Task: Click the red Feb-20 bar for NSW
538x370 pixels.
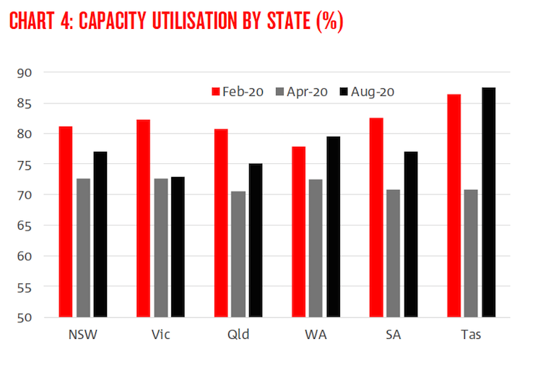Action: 66,221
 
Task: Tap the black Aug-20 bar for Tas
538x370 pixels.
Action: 489,202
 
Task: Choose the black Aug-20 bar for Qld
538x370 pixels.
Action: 256,240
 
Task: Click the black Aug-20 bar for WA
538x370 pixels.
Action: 334,226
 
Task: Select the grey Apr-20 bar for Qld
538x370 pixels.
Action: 238,254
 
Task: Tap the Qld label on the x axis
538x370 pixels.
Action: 238,336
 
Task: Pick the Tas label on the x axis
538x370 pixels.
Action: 472,336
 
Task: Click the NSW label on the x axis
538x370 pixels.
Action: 82,336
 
